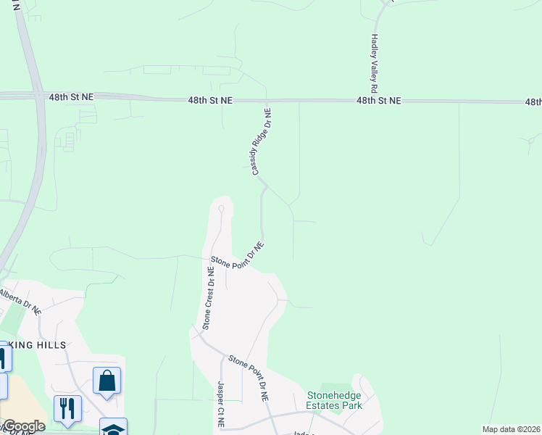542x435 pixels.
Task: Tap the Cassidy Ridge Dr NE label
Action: pos(262,142)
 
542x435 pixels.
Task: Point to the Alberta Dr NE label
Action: pos(20,301)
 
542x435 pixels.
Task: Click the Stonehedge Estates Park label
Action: pos(333,400)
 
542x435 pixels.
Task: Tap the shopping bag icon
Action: pos(107,381)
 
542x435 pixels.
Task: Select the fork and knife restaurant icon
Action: pos(67,409)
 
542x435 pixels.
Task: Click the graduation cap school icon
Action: pos(113,428)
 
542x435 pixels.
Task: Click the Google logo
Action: pos(23,426)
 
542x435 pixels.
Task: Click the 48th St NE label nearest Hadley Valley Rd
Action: pos(378,101)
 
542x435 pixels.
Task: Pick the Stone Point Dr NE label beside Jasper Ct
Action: pos(249,378)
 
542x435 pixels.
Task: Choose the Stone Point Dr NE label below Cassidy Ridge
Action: pos(237,255)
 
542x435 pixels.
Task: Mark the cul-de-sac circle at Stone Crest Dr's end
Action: pos(221,208)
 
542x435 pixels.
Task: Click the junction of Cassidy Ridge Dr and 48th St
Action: pos(267,101)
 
